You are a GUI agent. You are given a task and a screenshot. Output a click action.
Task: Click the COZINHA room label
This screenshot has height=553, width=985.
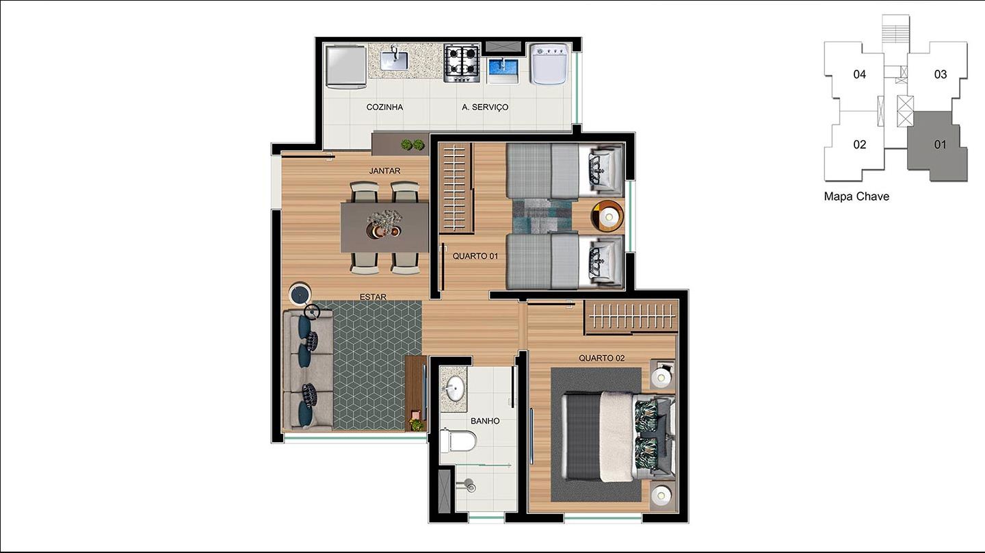[384, 107]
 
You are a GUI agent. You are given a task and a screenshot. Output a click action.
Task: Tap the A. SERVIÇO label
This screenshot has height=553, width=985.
[485, 107]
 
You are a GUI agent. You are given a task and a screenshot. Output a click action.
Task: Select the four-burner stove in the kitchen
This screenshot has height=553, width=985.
[461, 64]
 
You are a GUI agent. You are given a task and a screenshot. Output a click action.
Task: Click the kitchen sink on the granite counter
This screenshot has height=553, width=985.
[395, 60]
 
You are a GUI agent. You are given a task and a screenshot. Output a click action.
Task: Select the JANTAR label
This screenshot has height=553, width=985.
[384, 170]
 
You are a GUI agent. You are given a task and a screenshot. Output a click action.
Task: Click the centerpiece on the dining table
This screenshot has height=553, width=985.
[384, 224]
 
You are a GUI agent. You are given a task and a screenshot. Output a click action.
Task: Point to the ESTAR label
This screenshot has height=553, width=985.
[373, 297]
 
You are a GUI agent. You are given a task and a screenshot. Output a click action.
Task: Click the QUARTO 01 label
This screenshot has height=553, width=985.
[475, 256]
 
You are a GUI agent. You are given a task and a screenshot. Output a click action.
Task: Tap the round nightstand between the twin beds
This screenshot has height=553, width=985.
[607, 216]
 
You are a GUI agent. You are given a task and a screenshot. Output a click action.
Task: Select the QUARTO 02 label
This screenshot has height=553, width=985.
[601, 358]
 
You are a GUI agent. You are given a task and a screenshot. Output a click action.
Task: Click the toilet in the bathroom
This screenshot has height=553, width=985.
[458, 441]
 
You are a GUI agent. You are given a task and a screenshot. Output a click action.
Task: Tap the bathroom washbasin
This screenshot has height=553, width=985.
[454, 389]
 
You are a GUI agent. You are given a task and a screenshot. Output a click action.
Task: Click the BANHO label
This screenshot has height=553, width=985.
[485, 421]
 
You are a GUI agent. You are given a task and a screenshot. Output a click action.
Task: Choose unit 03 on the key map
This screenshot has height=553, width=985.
[940, 75]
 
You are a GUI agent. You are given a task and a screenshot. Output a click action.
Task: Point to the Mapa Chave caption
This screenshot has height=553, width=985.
[856, 196]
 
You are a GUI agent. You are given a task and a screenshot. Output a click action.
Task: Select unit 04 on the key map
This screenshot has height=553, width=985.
[859, 75]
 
